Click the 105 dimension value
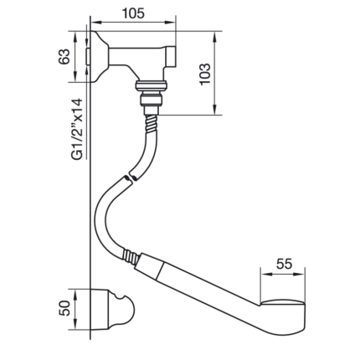(133, 13)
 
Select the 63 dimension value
(64, 57)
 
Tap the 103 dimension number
(205, 75)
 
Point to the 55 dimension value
(284, 264)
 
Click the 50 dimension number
(64, 308)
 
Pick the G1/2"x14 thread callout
(77, 129)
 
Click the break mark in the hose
(129, 177)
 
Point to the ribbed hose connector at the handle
(130, 256)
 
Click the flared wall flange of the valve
(100, 57)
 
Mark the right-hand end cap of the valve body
(170, 57)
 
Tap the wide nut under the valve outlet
(152, 85)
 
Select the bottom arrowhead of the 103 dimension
(214, 111)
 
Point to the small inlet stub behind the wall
(88, 57)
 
